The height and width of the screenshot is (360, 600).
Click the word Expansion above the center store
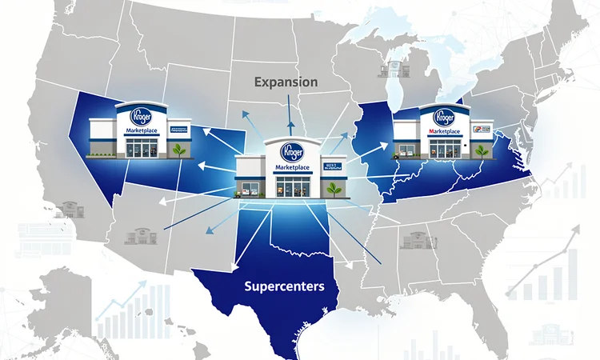point(285,82)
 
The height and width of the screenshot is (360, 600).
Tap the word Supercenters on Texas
point(285,286)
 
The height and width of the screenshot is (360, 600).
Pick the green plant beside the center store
point(332,189)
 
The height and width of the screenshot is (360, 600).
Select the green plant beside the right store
point(481,150)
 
